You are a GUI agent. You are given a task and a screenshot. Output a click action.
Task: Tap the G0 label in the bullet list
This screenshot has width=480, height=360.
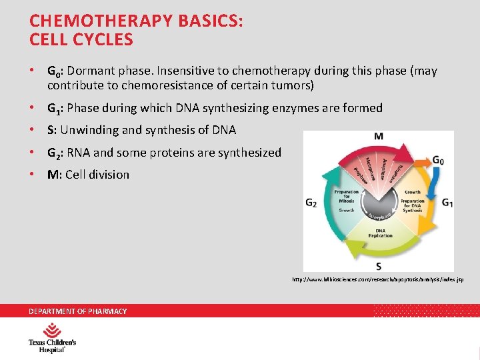[53, 71]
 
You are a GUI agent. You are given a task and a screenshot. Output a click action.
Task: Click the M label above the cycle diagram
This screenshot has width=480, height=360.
[379, 137]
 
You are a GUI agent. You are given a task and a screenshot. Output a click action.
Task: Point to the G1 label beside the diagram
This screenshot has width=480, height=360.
[447, 203]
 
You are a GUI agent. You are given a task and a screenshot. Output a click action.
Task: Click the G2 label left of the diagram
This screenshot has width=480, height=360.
[311, 203]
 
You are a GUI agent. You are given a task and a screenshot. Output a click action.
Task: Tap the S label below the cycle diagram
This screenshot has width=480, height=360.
[379, 265]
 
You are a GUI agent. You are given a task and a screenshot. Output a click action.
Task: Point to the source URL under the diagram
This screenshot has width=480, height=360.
[378, 279]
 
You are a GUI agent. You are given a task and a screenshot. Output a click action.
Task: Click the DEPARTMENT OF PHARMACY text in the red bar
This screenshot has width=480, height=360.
[77, 311]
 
